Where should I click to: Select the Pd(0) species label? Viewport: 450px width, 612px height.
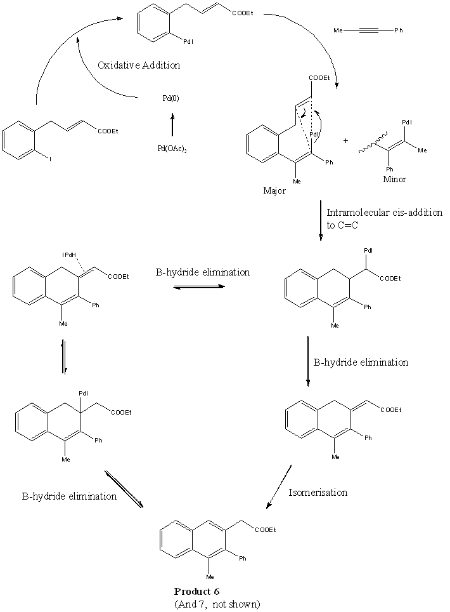(169, 99)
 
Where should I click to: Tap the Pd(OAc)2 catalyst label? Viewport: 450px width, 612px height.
(171, 149)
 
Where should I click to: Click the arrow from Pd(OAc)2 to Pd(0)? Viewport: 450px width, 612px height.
(172, 124)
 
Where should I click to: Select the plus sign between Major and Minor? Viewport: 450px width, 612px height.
(345, 141)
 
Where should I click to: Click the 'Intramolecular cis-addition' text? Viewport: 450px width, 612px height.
(384, 213)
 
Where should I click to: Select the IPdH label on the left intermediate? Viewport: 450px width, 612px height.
(70, 255)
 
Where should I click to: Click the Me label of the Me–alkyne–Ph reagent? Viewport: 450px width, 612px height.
(338, 30)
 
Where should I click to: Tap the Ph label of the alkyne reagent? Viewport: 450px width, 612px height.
(398, 30)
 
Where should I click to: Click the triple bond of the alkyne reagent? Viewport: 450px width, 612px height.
(368, 30)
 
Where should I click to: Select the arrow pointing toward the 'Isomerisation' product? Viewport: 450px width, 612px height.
(280, 486)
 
